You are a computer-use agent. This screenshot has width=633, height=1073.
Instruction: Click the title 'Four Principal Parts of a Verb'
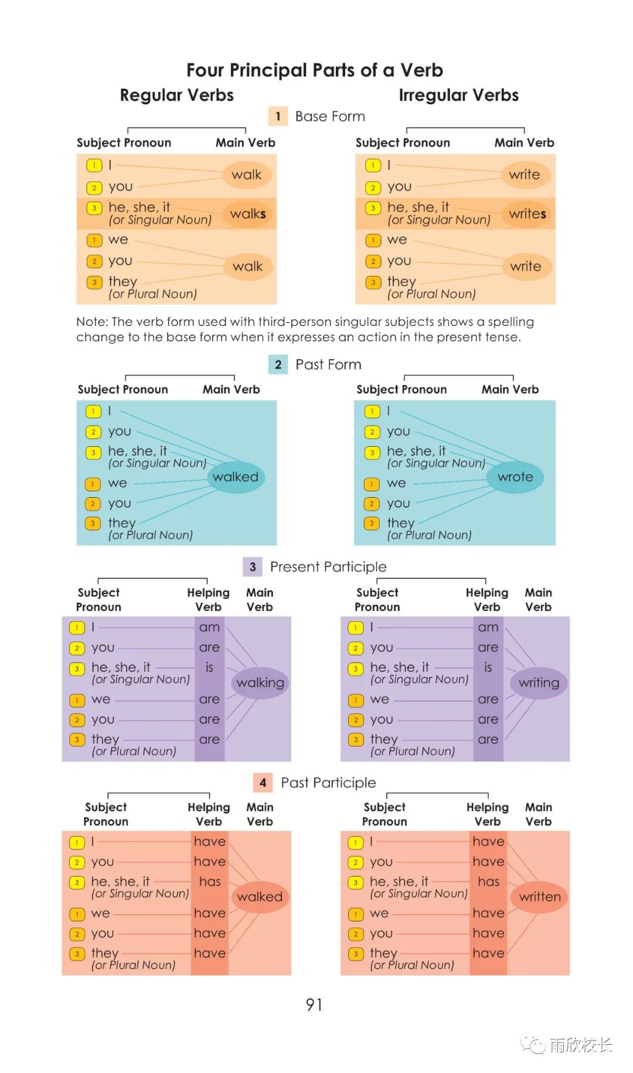315,70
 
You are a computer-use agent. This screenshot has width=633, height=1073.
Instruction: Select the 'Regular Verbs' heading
177,95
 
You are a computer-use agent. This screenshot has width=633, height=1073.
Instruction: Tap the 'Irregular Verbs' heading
459,95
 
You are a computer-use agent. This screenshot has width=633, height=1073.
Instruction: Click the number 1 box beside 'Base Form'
278,116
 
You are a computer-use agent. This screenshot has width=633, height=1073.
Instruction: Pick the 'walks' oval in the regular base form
248,214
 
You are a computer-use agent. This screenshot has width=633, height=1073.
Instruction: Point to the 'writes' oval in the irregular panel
527,214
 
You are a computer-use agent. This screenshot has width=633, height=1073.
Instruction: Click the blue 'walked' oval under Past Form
236,477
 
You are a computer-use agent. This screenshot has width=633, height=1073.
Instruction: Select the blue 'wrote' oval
515,477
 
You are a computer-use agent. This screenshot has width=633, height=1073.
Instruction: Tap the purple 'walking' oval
260,683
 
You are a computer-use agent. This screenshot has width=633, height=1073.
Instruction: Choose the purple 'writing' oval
539,683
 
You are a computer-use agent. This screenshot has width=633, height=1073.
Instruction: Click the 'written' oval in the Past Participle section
540,897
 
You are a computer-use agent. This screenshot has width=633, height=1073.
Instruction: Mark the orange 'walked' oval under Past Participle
260,897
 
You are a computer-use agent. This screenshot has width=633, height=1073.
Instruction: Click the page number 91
314,1005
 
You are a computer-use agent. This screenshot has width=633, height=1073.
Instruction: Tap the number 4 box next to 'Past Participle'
263,783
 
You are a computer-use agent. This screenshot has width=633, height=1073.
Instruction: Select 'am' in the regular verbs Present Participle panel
209,627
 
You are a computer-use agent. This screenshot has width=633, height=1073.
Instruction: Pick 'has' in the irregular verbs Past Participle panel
488,882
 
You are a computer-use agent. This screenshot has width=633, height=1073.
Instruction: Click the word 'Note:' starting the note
92,322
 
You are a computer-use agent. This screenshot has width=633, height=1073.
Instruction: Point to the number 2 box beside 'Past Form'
278,365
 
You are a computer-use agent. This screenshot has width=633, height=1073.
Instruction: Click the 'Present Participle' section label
328,567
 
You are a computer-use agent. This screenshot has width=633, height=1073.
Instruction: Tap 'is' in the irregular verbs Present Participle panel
488,667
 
